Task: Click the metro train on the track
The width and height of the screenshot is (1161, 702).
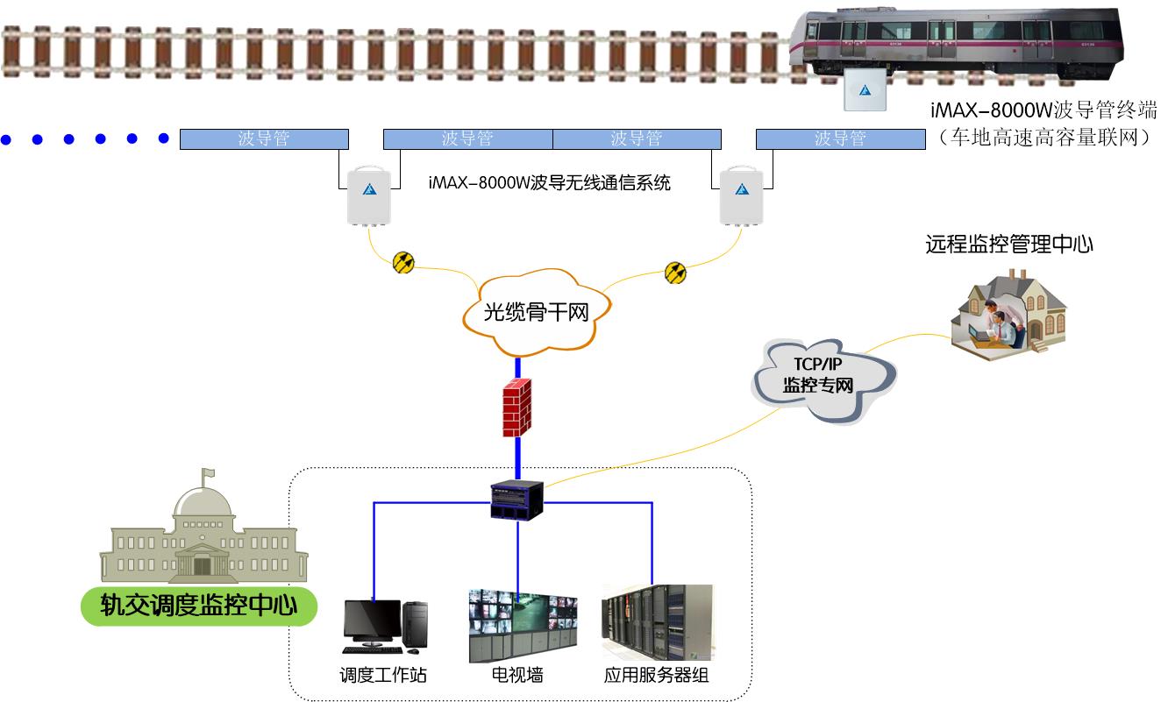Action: [956, 42]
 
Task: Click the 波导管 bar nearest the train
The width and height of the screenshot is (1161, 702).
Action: [840, 138]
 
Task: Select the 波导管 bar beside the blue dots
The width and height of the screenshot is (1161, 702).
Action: [264, 138]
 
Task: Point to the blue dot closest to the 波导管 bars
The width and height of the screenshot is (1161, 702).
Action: [163, 138]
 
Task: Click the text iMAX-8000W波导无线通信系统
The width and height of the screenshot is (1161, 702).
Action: [550, 183]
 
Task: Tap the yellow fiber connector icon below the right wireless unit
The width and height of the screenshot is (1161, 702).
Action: [675, 272]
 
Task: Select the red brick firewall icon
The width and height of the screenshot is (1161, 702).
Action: [517, 408]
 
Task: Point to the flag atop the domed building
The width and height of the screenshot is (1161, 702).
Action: [208, 474]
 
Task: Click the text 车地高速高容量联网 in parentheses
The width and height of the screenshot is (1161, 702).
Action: [1043, 137]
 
